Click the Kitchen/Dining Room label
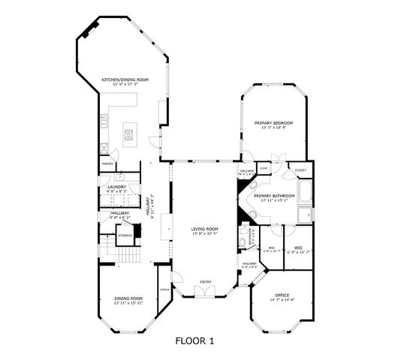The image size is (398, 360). (125, 79)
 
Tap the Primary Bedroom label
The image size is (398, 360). (273, 122)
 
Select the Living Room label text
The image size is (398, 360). (204, 228)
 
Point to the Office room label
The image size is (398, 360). (282, 295)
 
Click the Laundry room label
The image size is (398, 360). (116, 187)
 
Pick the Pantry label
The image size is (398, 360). (107, 163)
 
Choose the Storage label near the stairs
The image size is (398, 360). (125, 235)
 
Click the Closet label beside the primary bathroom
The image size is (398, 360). (300, 170)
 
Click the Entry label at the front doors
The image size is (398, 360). (204, 283)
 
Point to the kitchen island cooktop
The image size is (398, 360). (129, 136)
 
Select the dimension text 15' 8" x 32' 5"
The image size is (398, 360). (204, 233)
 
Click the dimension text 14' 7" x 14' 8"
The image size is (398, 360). (282, 300)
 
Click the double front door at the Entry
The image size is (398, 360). (204, 292)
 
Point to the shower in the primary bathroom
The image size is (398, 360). (306, 217)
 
